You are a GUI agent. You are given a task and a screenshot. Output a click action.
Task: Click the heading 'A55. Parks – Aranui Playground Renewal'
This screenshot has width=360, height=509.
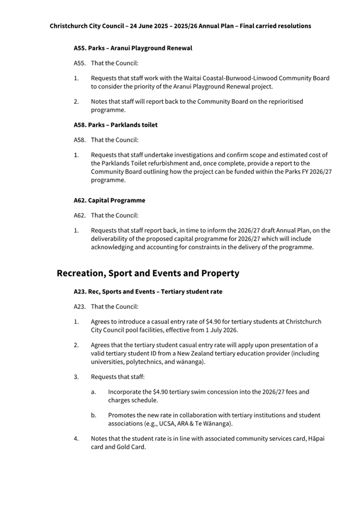[x=133, y=48]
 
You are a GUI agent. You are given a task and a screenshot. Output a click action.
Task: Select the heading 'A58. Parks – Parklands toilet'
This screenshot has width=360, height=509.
[x=115, y=125]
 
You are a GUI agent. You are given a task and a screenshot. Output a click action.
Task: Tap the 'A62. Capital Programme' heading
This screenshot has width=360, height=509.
[x=109, y=200]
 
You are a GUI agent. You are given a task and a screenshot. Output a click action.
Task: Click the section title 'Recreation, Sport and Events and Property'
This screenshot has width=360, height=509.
[x=148, y=273]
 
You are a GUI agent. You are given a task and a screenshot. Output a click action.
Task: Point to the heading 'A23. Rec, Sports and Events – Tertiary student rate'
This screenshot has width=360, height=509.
[x=148, y=292]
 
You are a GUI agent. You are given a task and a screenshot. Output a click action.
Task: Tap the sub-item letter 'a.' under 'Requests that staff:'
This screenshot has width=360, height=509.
[x=93, y=392]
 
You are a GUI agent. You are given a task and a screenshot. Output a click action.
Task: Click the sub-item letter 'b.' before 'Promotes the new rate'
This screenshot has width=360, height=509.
[x=93, y=415]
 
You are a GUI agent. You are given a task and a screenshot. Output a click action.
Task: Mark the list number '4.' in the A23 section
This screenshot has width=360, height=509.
[x=76, y=439]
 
